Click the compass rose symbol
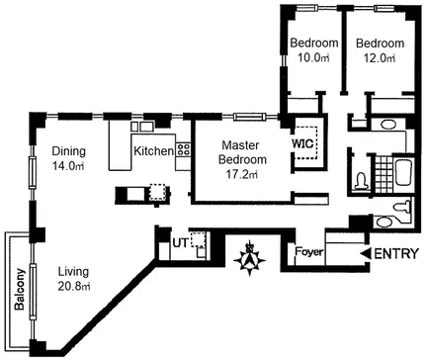[x=249, y=258]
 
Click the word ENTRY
[x=396, y=253]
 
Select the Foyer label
[x=309, y=252]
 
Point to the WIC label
[x=303, y=143]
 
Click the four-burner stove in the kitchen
[x=183, y=149]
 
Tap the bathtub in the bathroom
[x=403, y=173]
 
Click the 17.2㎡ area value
[x=241, y=174]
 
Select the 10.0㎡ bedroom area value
[x=313, y=58]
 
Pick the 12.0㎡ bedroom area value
[x=380, y=58]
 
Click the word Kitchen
[x=153, y=151]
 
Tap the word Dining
[x=69, y=151]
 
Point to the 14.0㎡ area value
[x=68, y=166]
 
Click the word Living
[x=73, y=272]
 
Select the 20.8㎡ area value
[x=74, y=286]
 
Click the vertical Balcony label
[x=20, y=290]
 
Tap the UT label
[x=180, y=243]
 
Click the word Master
[x=240, y=145]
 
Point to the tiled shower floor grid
[x=384, y=174]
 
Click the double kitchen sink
[x=141, y=127]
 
